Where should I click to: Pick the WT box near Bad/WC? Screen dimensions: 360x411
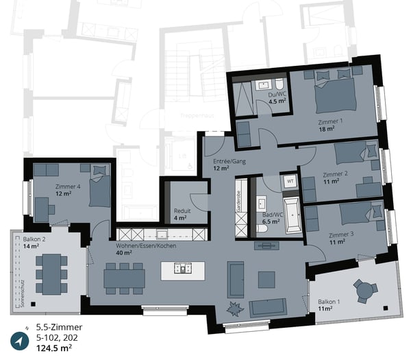(290, 181)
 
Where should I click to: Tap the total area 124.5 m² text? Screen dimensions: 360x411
(55, 348)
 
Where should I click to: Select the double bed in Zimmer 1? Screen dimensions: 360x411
(334, 95)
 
